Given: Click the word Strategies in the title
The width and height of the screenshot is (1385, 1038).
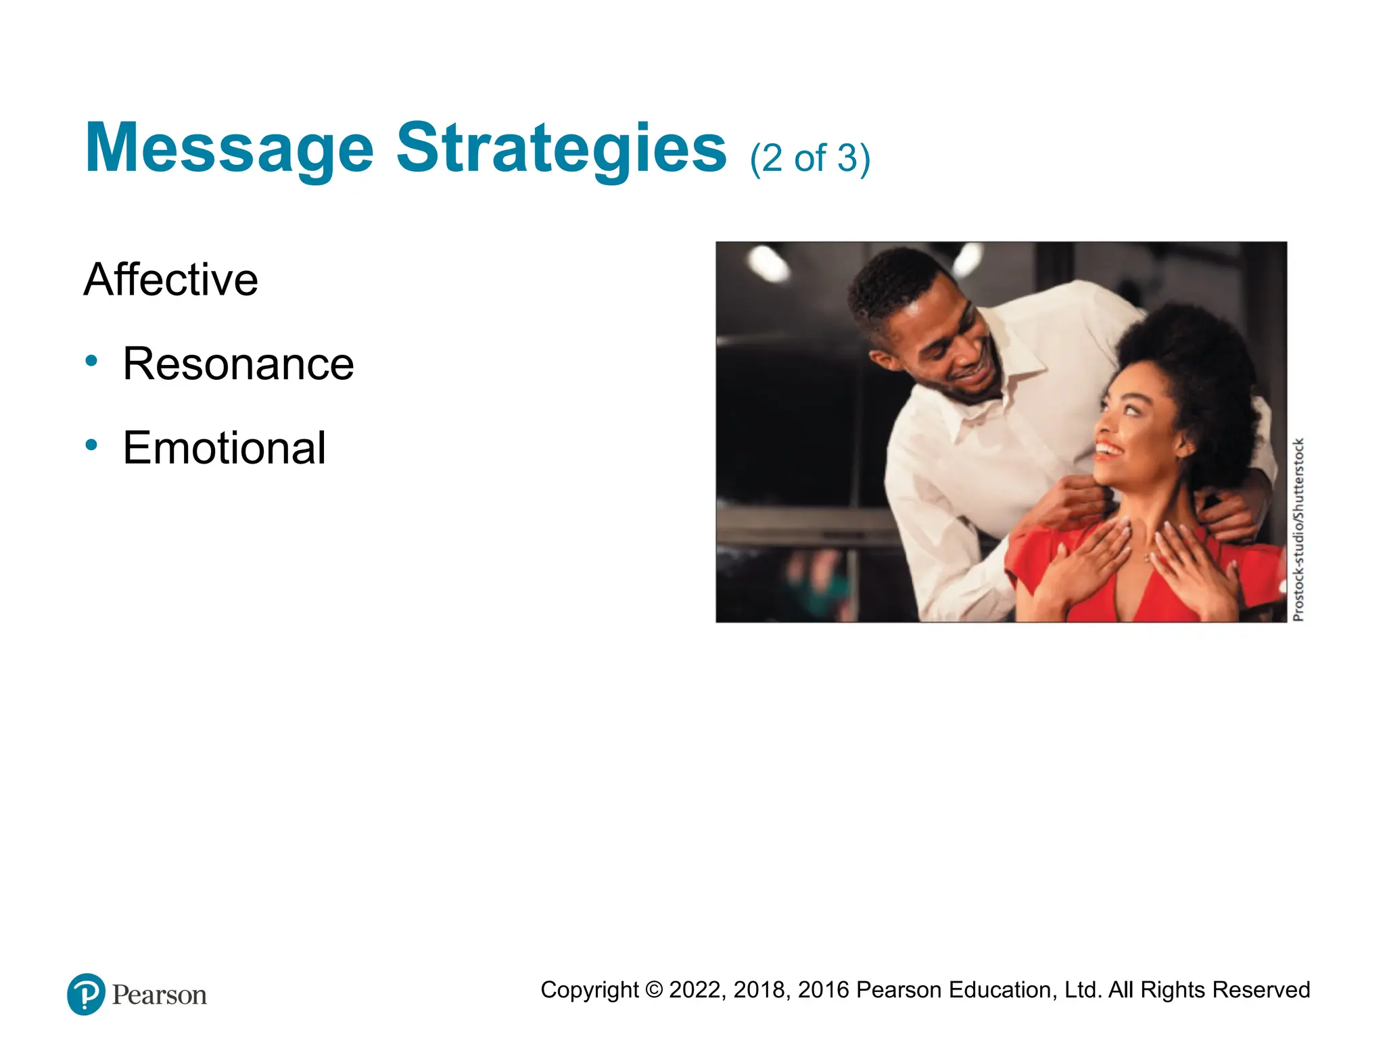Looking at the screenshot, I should [x=561, y=148].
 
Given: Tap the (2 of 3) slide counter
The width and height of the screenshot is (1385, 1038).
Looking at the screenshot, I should [x=809, y=158].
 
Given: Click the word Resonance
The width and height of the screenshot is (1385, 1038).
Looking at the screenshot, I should [x=238, y=364].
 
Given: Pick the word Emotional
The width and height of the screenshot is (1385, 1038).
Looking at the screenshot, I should [x=225, y=447].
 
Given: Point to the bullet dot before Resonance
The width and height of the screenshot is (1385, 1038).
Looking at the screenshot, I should [x=92, y=361].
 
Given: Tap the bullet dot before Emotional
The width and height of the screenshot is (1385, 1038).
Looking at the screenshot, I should [x=92, y=445].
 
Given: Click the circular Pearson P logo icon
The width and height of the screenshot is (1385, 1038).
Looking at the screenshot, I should [x=86, y=994].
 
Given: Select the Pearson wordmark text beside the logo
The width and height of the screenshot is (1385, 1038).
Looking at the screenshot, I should [x=160, y=995].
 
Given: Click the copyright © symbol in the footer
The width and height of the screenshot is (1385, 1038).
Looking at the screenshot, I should [x=653, y=990].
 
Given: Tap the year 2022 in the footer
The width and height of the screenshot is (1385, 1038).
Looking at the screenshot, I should [x=697, y=990].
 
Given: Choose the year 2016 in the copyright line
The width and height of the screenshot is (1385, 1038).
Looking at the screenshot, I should [x=823, y=990].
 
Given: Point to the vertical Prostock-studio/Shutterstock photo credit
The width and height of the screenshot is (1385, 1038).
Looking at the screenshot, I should [x=1298, y=530].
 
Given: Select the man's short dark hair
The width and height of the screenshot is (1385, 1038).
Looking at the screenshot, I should [x=893, y=284].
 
